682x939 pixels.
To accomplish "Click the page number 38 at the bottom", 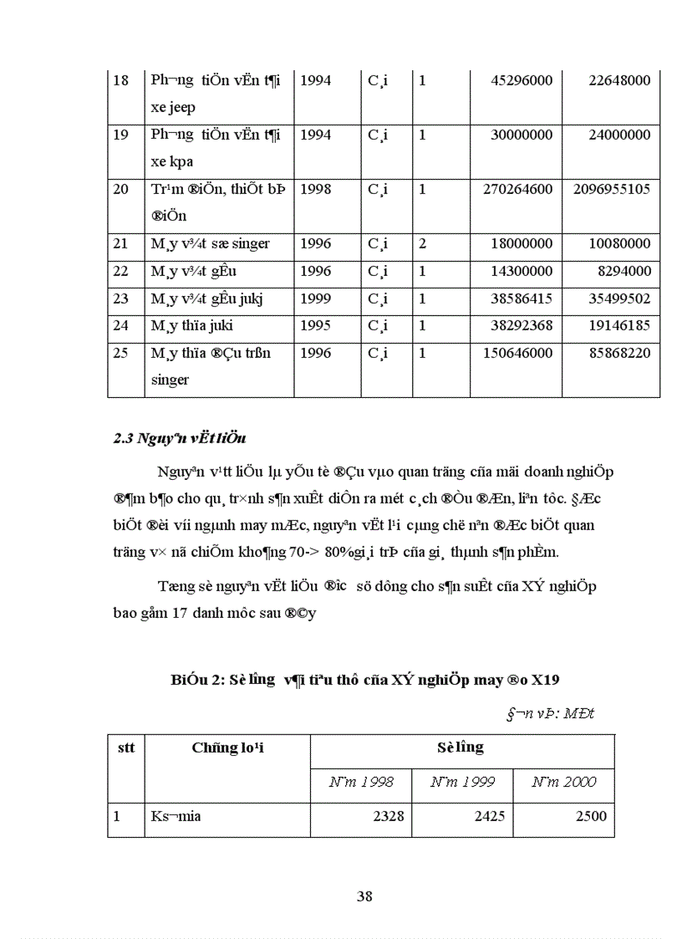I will (364, 896).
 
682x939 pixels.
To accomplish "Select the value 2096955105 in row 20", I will (612, 190).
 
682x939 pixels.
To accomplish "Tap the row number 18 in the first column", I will (121, 81).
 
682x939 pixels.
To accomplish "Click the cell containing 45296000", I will (517, 81).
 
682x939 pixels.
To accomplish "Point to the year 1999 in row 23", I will (315, 299).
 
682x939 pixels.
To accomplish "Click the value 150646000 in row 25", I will (517, 354).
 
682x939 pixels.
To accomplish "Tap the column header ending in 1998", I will (361, 782).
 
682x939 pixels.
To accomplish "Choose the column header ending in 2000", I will (564, 782).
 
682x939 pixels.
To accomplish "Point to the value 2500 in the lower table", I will (591, 816).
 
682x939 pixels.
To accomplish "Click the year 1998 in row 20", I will (315, 190).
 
